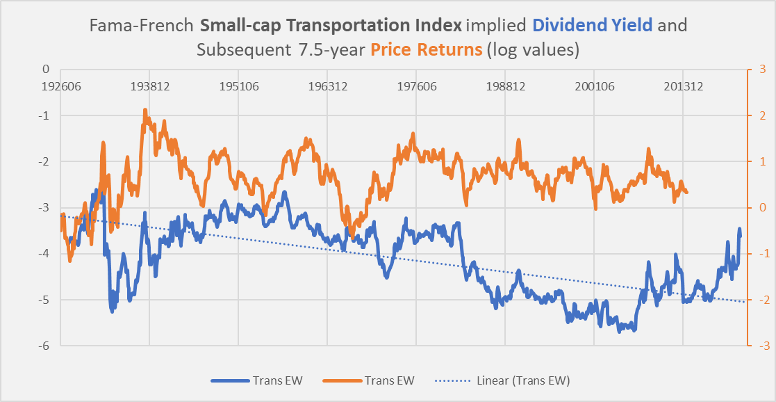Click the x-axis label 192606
(60, 87)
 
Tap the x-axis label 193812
(149, 87)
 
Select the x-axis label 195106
(238, 87)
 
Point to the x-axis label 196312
(327, 87)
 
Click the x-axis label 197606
(416, 87)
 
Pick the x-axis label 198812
(505, 87)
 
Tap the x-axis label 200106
(594, 87)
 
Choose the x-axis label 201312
(683, 87)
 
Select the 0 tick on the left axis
(47, 70)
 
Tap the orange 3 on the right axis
(758, 70)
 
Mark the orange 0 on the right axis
(758, 208)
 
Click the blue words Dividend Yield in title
(593, 26)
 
